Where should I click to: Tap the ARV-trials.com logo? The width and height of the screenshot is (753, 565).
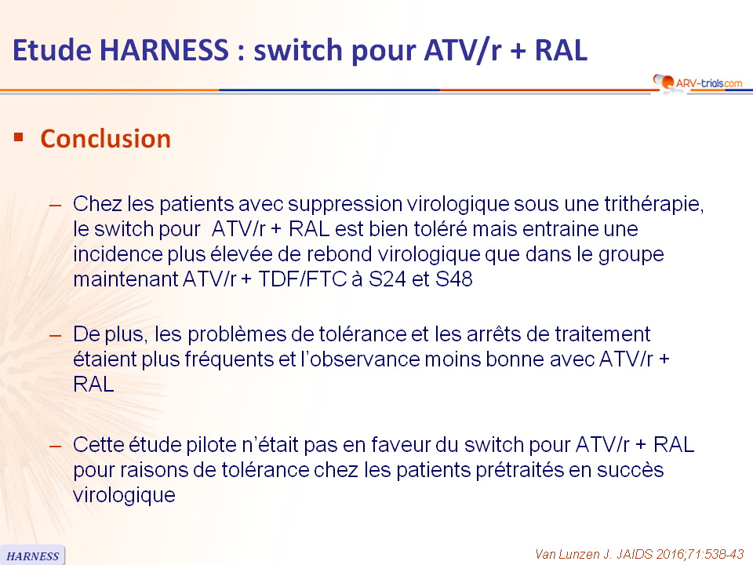(698, 83)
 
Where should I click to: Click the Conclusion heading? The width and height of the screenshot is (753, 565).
(106, 139)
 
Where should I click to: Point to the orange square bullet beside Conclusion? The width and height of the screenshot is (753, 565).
(19, 138)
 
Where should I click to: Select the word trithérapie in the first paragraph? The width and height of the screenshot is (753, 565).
(654, 204)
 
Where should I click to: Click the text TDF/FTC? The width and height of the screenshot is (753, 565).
(303, 279)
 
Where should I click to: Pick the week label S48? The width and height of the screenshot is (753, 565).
(454, 279)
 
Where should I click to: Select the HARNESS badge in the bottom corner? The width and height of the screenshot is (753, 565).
(32, 556)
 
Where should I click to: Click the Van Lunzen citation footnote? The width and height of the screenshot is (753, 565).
(639, 554)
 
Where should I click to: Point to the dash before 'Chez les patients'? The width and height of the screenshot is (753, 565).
(55, 205)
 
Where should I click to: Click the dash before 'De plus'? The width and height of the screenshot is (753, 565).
(55, 335)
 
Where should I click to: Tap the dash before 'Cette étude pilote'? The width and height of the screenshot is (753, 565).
(55, 447)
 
